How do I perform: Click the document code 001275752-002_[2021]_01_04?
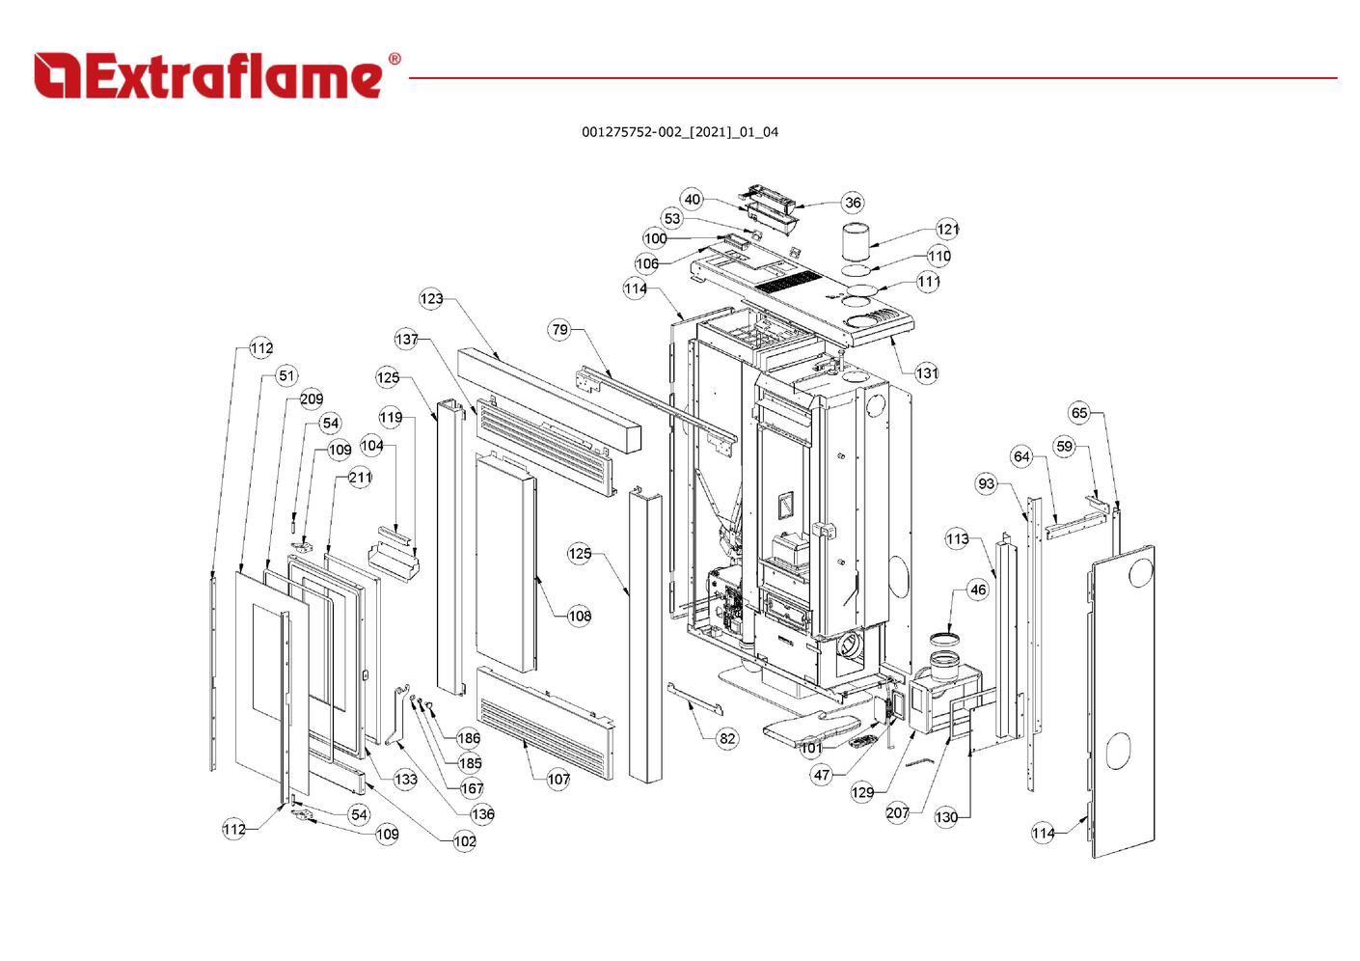coord(679,132)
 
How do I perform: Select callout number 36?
coord(853,203)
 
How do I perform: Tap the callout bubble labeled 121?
coord(948,229)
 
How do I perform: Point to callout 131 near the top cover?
coord(926,372)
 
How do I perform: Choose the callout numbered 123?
coord(431,298)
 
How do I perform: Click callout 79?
coord(560,330)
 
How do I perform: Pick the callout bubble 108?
coord(579,616)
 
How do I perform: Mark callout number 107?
coord(558,779)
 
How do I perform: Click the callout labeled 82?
coord(727,738)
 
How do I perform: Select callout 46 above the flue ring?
coord(978,590)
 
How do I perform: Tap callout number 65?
coord(1079,413)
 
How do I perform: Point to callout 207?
coord(898,812)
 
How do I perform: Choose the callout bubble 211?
coord(360,477)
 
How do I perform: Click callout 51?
coord(286,375)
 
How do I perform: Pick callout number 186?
coord(469,738)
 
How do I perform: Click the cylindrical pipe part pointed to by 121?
coord(856,241)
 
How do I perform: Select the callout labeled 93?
coord(986,483)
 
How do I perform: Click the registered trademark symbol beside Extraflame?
coord(394,60)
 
